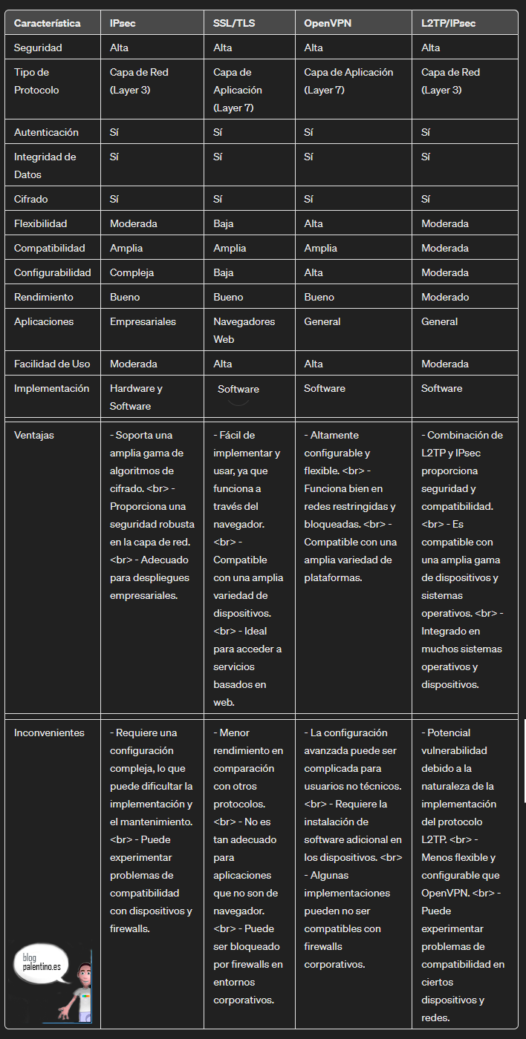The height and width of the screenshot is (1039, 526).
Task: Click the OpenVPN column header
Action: coord(328,23)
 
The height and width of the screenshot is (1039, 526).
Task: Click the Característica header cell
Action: coord(48,23)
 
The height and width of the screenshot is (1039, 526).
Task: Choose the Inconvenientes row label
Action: coord(49,732)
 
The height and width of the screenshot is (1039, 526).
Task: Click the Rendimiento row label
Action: coord(44,297)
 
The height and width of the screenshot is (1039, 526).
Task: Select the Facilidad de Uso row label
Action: coord(52,364)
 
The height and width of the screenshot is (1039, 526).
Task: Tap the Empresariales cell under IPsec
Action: coord(143,321)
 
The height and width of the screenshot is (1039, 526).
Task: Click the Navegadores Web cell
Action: coord(244,330)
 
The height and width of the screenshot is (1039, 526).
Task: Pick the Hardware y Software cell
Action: coord(136,397)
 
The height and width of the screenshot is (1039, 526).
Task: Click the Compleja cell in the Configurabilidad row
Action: coord(131,272)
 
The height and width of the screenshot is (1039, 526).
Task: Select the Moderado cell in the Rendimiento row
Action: coord(445,297)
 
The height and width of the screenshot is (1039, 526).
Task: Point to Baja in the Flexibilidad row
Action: coord(224,223)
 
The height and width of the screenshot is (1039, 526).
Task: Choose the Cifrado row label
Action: coord(32,199)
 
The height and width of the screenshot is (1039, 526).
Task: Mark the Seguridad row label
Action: coord(38,47)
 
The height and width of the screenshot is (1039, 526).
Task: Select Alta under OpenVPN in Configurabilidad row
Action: coord(314,272)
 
